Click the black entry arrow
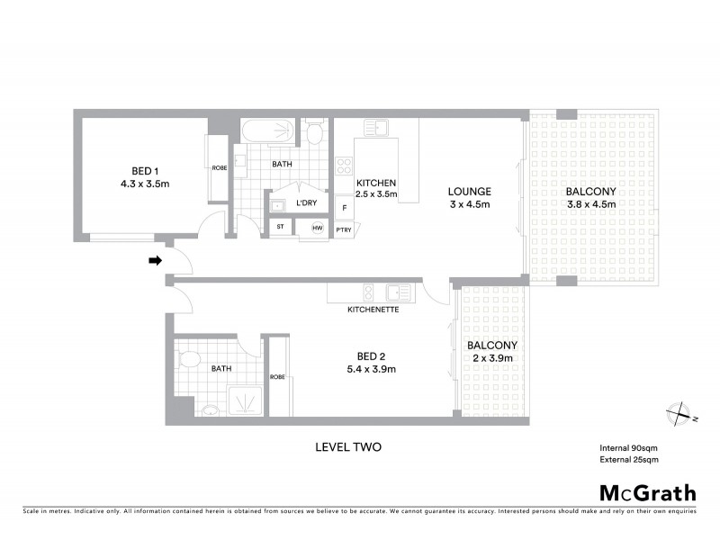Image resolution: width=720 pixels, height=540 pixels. pyautogui.click(x=155, y=262)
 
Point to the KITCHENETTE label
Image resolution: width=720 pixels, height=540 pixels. pyautogui.click(x=373, y=310)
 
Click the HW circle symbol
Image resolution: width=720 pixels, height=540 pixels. pyautogui.click(x=316, y=229)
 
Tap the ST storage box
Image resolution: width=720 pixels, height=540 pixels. pyautogui.click(x=280, y=228)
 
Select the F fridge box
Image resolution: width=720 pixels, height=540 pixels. pyautogui.click(x=343, y=208)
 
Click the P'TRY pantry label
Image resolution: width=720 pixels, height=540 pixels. pyautogui.click(x=343, y=230)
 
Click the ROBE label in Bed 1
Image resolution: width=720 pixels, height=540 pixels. pyautogui.click(x=219, y=167)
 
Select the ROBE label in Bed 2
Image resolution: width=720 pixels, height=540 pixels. pyautogui.click(x=277, y=377)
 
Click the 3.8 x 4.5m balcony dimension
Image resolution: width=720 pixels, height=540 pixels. pyautogui.click(x=590, y=203)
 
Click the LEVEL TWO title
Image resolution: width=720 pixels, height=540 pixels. pyautogui.click(x=349, y=446)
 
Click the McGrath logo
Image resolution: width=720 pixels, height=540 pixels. pyautogui.click(x=648, y=492)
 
